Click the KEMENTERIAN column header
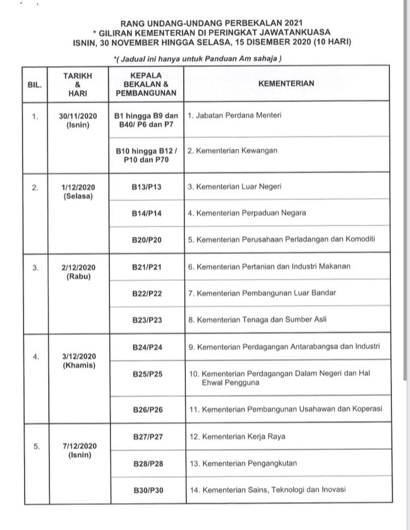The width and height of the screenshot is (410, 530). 286,84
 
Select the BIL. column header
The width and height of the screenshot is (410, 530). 34,85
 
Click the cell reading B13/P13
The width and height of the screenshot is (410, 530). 147,187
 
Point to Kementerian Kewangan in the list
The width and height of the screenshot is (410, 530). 232,151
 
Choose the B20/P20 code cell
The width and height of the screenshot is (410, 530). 147,240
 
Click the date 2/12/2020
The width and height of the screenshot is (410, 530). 79,267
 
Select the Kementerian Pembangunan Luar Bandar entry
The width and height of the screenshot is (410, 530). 262,293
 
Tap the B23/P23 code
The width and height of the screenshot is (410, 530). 147,320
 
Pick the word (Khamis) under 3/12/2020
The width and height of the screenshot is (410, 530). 79,366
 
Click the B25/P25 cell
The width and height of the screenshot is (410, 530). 148,374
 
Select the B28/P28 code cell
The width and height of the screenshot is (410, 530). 148,463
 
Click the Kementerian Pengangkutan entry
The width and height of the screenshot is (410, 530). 242,463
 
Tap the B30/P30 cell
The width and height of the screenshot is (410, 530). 148,490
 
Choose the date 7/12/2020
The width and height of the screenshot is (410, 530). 80,446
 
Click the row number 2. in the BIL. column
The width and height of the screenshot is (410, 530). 35,187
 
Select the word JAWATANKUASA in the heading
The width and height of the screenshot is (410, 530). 299,32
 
